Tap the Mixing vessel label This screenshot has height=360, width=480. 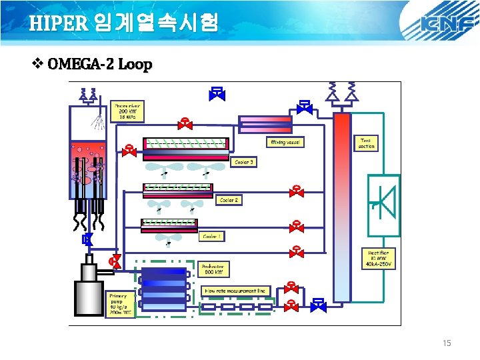click(285, 142)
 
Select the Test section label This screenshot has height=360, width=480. click(366, 143)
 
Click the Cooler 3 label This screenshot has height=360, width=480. click(244, 162)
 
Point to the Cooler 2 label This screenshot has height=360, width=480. click(229, 199)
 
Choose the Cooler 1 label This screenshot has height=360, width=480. click(213, 236)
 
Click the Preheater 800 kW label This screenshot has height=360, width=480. click(215, 268)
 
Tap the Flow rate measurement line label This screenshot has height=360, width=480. click(234, 291)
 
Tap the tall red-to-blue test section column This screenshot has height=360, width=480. click(341, 207)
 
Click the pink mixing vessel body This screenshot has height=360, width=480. click(265, 124)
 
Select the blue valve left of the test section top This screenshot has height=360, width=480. click(305, 107)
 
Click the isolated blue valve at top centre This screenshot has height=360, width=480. click(217, 93)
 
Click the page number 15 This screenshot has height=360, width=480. click(447, 343)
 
